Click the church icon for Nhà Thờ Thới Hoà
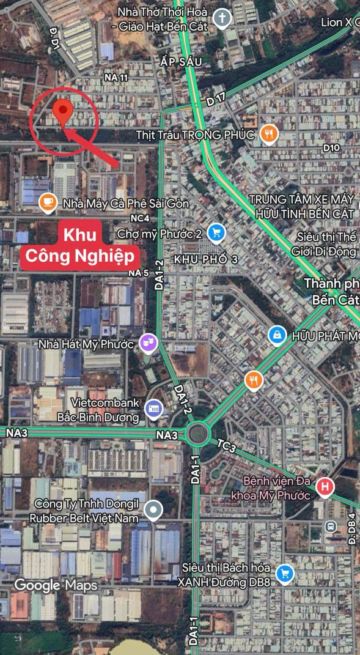(x=222, y=18)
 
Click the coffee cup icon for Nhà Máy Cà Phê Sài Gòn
(x=48, y=202)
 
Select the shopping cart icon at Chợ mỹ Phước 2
(x=216, y=233)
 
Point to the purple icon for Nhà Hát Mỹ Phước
(x=149, y=343)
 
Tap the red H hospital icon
(x=326, y=487)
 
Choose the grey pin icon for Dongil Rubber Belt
(x=155, y=509)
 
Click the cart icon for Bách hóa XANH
(x=284, y=574)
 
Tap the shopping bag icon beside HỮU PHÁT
(x=277, y=335)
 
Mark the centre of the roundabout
(x=197, y=435)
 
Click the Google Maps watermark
(x=56, y=585)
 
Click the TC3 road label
(x=226, y=446)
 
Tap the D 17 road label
(x=216, y=98)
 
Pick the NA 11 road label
(x=116, y=78)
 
